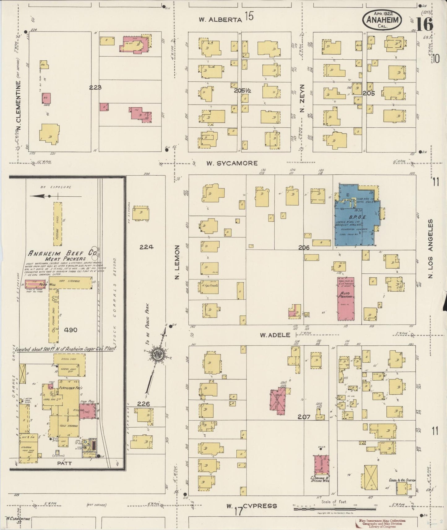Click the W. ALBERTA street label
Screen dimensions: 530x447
(x=220, y=20)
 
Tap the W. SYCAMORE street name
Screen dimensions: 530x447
(x=232, y=163)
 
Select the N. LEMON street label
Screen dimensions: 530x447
(x=177, y=262)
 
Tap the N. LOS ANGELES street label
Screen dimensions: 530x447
(x=430, y=249)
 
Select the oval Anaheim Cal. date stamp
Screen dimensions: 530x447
(x=383, y=19)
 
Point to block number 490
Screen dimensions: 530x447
(x=71, y=330)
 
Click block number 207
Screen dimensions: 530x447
(x=304, y=417)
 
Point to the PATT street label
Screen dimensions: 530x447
(x=64, y=463)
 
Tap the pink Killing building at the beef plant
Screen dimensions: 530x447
(x=87, y=411)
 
